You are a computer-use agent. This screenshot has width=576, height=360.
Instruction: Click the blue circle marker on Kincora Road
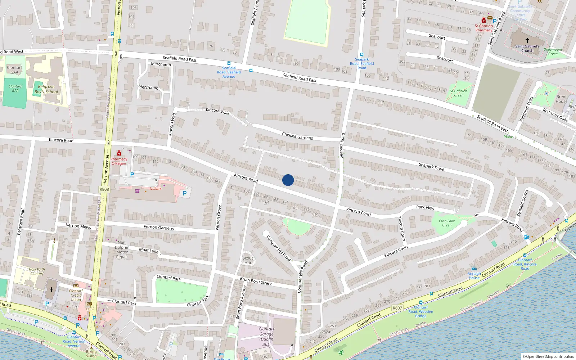(x=288, y=180)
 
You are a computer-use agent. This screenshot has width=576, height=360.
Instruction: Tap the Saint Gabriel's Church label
(x=527, y=48)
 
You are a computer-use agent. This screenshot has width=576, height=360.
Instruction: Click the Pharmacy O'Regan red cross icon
(x=119, y=153)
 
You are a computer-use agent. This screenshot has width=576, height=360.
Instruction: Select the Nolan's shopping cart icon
(x=137, y=191)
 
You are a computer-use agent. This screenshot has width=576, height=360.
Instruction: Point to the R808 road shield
(x=104, y=189)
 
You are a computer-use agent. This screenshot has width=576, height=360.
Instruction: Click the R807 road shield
(x=397, y=308)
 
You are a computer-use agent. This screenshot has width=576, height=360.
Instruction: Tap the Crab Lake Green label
(x=447, y=223)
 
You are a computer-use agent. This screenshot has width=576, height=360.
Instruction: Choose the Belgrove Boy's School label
(x=46, y=89)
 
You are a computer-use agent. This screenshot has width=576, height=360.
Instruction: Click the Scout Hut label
(x=248, y=260)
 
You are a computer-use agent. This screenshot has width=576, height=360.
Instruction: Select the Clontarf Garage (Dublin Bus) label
(x=266, y=337)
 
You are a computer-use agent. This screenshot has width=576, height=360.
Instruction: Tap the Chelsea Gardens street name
(x=297, y=136)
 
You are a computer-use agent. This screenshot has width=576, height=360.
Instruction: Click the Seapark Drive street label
(x=431, y=167)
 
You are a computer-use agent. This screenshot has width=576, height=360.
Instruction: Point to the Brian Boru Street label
(x=256, y=281)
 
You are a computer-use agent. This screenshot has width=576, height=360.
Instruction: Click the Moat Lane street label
(x=149, y=250)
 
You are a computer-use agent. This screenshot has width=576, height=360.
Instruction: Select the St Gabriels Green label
(x=459, y=93)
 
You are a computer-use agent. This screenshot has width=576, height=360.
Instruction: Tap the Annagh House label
(x=474, y=276)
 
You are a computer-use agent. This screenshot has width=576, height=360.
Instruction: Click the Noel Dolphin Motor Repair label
(x=122, y=250)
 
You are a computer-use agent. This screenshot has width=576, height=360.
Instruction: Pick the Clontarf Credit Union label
(x=76, y=295)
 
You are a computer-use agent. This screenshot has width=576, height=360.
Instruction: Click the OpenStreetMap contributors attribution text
(x=548, y=357)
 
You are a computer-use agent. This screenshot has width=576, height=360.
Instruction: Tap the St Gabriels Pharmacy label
(x=484, y=28)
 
